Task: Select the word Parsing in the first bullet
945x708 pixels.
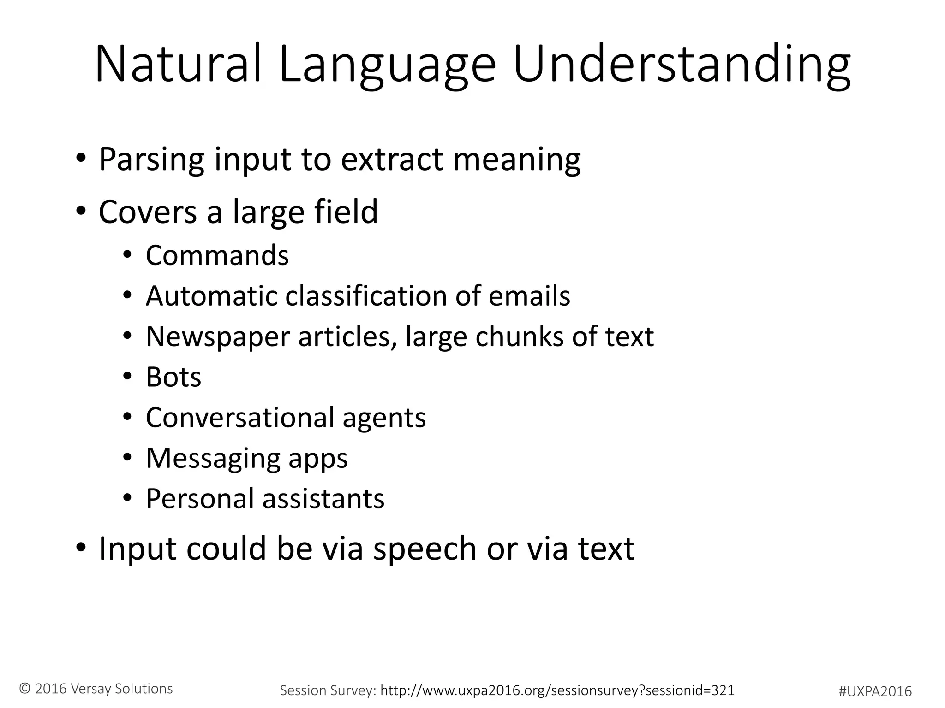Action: [x=151, y=159]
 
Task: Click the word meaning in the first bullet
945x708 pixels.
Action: [x=517, y=159]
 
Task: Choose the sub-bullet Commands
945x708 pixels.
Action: [x=217, y=255]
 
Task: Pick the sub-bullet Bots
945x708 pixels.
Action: [x=173, y=377]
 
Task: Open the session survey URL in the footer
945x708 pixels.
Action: [x=557, y=690]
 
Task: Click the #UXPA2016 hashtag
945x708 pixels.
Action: [x=875, y=691]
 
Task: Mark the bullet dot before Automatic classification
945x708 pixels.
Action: [x=127, y=296]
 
